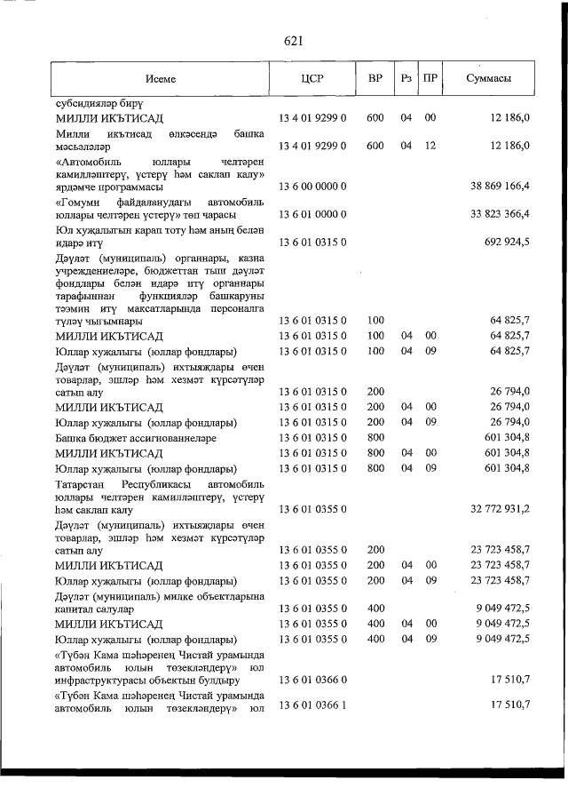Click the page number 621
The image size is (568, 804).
coord(294,41)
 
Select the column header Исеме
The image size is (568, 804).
coord(162,79)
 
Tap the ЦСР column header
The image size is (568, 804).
coord(312,79)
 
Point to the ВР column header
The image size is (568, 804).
coord(375,79)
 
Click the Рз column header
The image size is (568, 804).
coord(406,79)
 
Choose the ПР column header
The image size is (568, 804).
coord(430,79)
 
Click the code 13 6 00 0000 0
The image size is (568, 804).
coord(312,187)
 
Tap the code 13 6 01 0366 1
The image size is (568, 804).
coord(312,704)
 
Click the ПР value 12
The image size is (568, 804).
coord(430,145)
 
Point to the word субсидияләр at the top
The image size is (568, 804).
coord(86,103)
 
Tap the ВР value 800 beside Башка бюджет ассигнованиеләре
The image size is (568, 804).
coord(375,439)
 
